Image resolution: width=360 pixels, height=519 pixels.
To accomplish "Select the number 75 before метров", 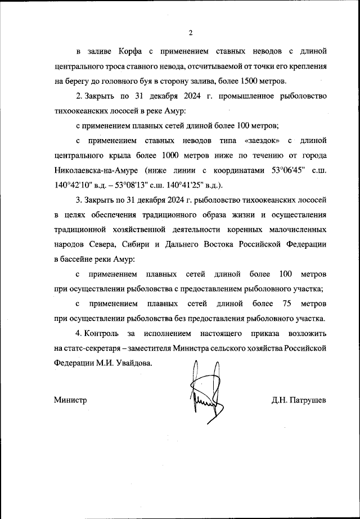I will pos(286,303).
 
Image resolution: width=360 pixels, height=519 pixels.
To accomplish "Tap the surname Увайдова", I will pos(133,363).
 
